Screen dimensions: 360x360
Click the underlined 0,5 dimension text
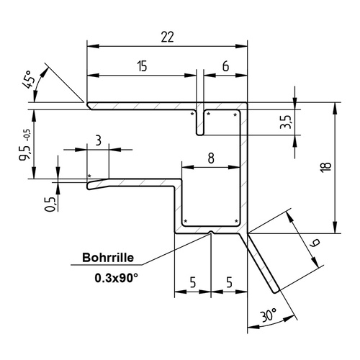pyautogui.click(x=49, y=204)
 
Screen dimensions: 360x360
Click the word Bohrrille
pyautogui.click(x=107, y=257)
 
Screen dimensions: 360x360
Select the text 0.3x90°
pyautogui.click(x=117, y=276)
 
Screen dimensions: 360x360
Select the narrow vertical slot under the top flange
pyautogui.click(x=201, y=122)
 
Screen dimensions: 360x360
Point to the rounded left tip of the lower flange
pyautogui.click(x=89, y=186)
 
